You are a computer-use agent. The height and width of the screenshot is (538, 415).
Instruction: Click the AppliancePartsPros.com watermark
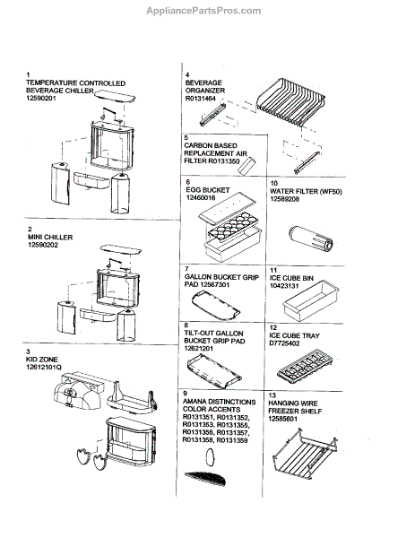coord(203,11)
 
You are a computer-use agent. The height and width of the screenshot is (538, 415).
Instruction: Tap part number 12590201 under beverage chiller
coord(41,98)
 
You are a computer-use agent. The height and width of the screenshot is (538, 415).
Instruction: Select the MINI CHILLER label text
coord(50,237)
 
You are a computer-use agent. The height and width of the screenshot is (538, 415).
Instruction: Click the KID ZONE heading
coord(42,360)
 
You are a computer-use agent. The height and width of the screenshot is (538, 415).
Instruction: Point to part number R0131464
coord(201,99)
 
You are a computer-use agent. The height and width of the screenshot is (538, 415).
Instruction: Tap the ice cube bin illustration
coord(311,300)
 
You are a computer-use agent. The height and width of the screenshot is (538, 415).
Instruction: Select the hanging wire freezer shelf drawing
coord(306,453)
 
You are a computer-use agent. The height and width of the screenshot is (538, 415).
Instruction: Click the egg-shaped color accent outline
coord(210,457)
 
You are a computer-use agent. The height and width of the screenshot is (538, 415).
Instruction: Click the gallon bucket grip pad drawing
coord(216,305)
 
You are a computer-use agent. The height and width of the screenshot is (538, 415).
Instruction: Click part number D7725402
coord(284,343)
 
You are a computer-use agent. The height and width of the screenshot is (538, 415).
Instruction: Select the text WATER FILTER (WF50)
coord(306,192)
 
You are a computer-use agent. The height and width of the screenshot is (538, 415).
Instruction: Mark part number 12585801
coord(283,419)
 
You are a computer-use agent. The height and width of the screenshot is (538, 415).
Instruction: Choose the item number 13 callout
coord(272,395)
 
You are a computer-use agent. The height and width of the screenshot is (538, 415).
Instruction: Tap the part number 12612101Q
coord(44,367)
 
